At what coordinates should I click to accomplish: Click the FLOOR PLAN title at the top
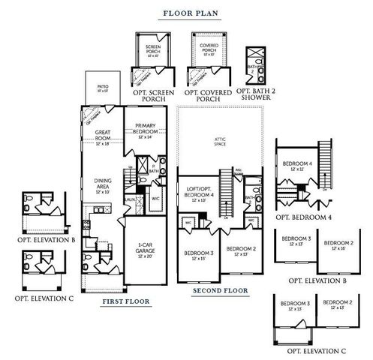pos(186,13)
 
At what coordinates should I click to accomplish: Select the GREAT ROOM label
pos(103,136)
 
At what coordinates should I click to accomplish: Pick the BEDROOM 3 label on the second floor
pos(199,256)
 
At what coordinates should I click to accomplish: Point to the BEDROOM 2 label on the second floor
pos(241,250)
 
